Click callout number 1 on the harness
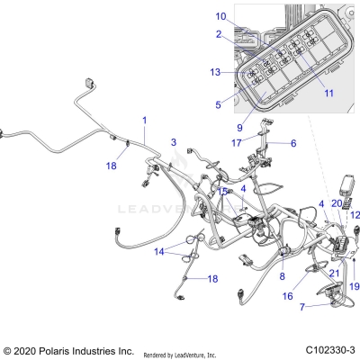(143, 120)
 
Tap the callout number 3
(174, 142)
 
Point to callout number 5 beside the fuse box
(218, 105)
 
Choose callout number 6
(292, 142)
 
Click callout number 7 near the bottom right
(303, 306)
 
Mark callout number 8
(282, 277)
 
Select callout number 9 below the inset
(239, 126)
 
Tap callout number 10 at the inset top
(220, 16)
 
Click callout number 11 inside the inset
(303, 93)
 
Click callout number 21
(332, 273)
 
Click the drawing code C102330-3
(328, 349)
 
